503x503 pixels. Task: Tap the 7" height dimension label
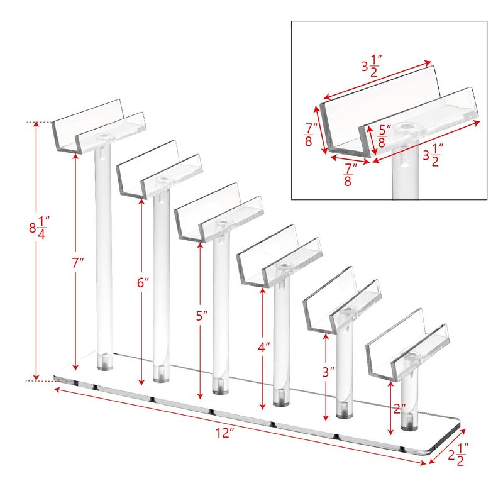pyautogui.click(x=77, y=263)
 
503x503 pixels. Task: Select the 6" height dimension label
pyautogui.click(x=143, y=282)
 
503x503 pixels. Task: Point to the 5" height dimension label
pyautogui.click(x=202, y=316)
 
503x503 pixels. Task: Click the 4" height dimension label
pyautogui.click(x=263, y=348)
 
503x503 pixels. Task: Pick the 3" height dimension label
pyautogui.click(x=328, y=372)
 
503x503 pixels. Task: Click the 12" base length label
pyautogui.click(x=224, y=433)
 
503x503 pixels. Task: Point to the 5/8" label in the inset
pyautogui.click(x=384, y=136)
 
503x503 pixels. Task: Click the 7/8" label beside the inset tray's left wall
pyautogui.click(x=311, y=135)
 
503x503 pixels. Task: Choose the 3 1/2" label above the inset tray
pyautogui.click(x=372, y=66)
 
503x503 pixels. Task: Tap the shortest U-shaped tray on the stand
pyautogui.click(x=407, y=345)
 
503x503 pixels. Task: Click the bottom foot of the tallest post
pyautogui.click(x=105, y=363)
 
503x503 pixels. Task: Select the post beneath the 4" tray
pyautogui.click(x=281, y=341)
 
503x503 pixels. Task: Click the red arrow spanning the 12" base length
pyautogui.click(x=240, y=427)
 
